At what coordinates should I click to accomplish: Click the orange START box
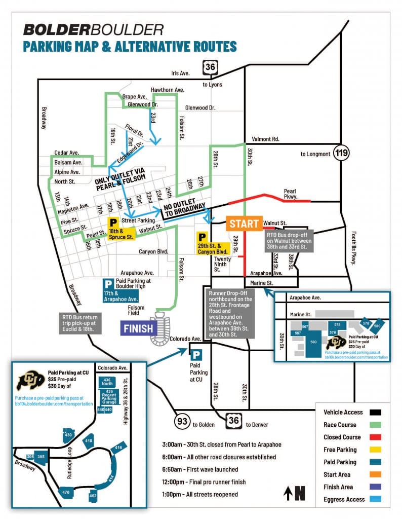244,224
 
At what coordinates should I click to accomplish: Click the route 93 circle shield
183,420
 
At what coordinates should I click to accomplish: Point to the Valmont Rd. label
266,138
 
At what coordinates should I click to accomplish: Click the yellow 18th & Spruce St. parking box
121,229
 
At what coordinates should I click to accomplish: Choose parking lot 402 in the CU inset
93,495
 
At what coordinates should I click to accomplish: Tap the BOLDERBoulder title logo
93,29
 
